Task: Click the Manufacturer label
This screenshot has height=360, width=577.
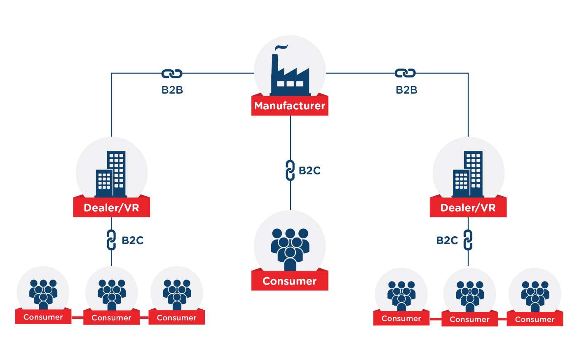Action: click(x=289, y=106)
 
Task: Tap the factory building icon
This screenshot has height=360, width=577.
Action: click(x=290, y=75)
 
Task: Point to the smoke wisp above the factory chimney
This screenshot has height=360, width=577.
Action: click(x=281, y=47)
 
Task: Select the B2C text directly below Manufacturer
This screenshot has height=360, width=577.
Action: click(x=310, y=171)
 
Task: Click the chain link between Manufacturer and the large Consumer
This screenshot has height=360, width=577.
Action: click(x=290, y=170)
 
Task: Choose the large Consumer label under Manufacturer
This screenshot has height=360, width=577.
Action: click(x=289, y=281)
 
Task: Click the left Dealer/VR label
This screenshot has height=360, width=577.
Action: click(x=111, y=208)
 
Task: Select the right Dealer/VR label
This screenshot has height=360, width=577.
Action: click(x=468, y=208)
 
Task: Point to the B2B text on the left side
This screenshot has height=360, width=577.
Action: click(x=172, y=90)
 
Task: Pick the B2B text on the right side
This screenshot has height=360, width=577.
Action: click(x=406, y=90)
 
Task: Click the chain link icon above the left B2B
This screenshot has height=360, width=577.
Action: click(x=172, y=74)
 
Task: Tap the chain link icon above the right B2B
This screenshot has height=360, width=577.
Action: click(x=405, y=73)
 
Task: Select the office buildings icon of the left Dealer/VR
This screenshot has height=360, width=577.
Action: click(x=111, y=174)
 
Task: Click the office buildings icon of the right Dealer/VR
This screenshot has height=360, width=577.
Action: click(x=468, y=174)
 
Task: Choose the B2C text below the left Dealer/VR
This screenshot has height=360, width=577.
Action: click(x=132, y=240)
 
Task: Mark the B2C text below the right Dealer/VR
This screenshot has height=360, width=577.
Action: click(x=447, y=240)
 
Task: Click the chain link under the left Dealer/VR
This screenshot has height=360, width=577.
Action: click(x=111, y=240)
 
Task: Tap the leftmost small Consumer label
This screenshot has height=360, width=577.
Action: click(x=43, y=317)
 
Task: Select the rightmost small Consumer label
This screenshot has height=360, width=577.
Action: click(x=535, y=319)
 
